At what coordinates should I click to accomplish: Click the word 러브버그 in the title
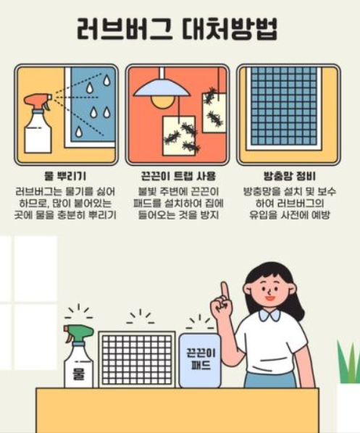(125, 29)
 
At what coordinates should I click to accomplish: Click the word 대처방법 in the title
(230, 29)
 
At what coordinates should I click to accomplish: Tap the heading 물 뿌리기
(65, 176)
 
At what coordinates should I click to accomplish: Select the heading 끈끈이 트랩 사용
(178, 176)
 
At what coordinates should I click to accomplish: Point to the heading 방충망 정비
(289, 176)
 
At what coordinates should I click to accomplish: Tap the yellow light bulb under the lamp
(162, 101)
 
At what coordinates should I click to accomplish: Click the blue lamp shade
(162, 88)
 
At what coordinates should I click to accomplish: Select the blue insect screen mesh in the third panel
(284, 106)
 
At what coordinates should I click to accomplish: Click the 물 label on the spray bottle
(78, 374)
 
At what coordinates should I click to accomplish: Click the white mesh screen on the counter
(137, 360)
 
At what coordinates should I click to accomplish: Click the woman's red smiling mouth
(269, 298)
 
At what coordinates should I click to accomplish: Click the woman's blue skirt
(270, 379)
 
